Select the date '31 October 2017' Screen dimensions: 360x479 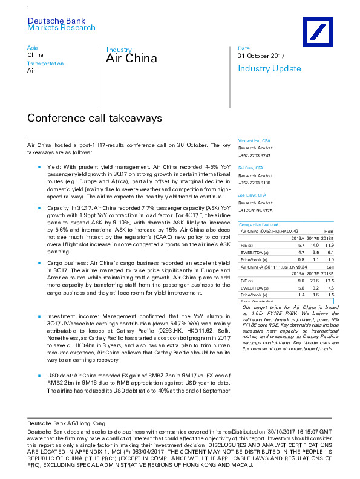pyautogui.click(x=261, y=56)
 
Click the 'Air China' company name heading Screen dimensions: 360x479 pyautogui.click(x=131, y=59)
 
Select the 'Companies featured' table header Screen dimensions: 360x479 pyautogui.click(x=256, y=224)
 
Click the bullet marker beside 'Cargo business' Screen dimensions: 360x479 pyautogui.click(x=39, y=264)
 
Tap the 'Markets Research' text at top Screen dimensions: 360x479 pyautogui.click(x=62, y=28)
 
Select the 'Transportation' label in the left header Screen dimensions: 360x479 pyautogui.click(x=45, y=64)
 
